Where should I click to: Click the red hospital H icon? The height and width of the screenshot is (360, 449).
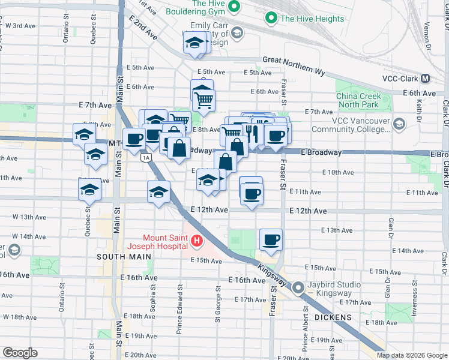click(x=196, y=242)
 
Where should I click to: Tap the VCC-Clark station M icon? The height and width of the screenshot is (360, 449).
click(x=425, y=79)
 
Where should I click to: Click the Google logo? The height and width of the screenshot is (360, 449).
click(x=20, y=353)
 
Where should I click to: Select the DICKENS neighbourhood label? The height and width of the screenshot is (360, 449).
click(x=333, y=316)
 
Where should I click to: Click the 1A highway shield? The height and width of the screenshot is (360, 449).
click(x=145, y=158)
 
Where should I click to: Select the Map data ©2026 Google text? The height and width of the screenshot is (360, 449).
click(x=411, y=355)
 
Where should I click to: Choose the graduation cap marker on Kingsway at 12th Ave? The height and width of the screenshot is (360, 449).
click(x=158, y=192)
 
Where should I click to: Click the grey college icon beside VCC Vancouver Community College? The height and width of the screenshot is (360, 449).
click(x=399, y=124)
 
